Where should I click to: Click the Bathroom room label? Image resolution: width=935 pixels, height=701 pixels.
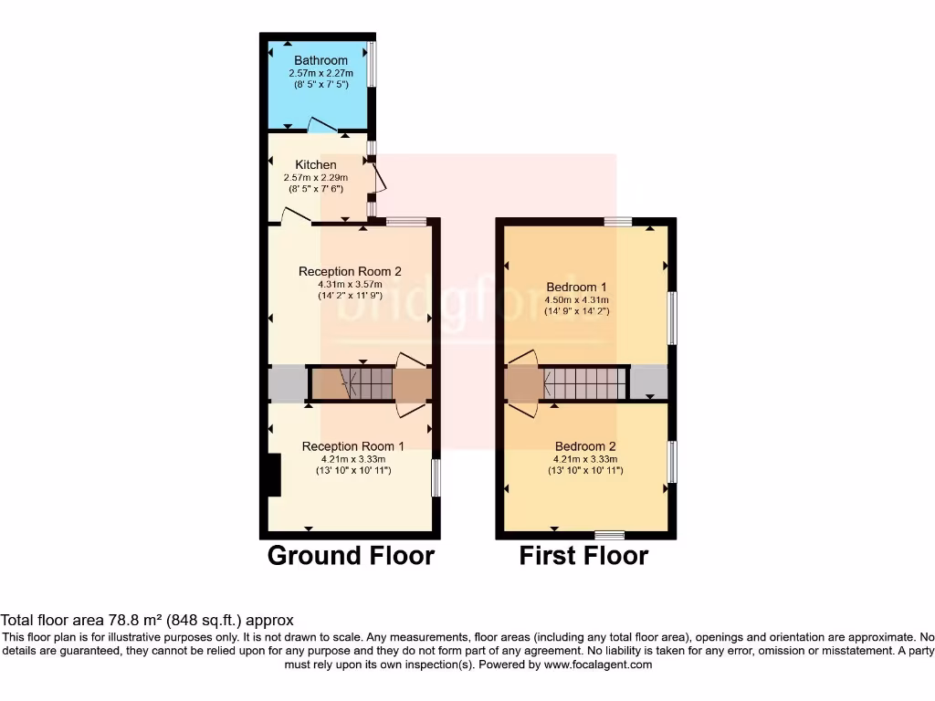coord(320,61)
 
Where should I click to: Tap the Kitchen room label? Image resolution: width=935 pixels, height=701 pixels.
coord(315,165)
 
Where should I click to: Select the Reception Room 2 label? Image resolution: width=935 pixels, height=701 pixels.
coord(350,271)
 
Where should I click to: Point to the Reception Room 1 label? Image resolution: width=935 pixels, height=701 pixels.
coord(352,446)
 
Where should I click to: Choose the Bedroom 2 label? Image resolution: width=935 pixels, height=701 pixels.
coord(585,446)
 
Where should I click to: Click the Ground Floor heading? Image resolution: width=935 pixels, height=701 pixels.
coord(351,555)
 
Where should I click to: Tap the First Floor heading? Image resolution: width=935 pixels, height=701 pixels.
coord(583,555)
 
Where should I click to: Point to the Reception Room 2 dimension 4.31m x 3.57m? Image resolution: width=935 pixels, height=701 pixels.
coord(350,284)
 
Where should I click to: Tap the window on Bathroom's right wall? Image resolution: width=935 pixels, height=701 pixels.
coord(372,64)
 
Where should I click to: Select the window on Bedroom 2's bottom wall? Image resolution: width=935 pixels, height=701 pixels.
coord(609,535)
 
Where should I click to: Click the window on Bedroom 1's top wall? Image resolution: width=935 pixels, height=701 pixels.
coord(618,220)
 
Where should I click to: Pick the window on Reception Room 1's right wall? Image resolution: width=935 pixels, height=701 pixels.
coord(436,476)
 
